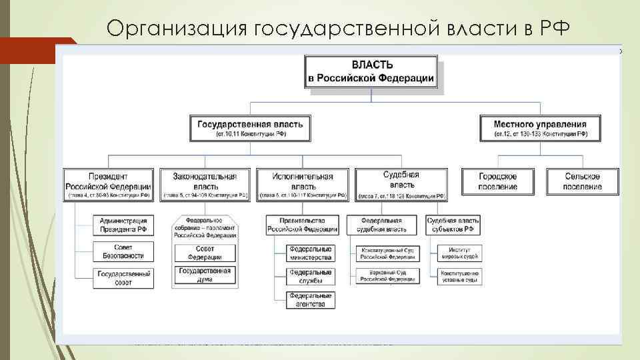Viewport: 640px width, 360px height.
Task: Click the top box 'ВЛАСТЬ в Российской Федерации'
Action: coord(371,71)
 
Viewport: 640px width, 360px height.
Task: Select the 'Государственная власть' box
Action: coord(251,128)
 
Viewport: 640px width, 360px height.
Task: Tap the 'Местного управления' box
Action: coord(540,128)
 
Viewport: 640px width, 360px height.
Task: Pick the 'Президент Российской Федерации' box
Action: coord(108,185)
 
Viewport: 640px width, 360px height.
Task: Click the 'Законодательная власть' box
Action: coord(205,185)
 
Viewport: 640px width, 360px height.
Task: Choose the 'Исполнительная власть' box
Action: coord(303,185)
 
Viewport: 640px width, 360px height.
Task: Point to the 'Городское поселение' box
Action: coord(498,181)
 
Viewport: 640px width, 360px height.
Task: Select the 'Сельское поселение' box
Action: coord(583,181)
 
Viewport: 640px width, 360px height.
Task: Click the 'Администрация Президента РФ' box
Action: coord(124,225)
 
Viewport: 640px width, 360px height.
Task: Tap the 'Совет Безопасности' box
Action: coord(124,251)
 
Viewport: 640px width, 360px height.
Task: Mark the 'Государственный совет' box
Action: coord(124,278)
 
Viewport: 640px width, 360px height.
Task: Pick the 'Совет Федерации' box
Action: coord(205,253)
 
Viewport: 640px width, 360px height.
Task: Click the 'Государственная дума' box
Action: coord(205,275)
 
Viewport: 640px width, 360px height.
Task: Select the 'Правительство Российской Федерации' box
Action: coord(303,225)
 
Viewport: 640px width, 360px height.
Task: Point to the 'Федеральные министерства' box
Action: coord(311,253)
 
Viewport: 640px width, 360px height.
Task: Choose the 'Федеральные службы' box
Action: coord(311,276)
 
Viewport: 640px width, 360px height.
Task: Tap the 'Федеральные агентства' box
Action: coord(311,299)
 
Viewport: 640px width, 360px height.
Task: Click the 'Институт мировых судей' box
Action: coord(459,253)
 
